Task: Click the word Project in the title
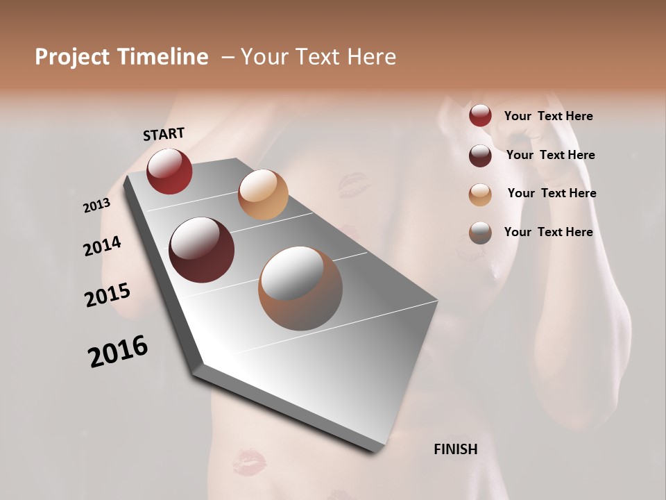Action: [72, 57]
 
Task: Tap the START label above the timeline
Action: [164, 134]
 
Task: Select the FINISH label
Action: [455, 449]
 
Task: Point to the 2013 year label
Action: [96, 206]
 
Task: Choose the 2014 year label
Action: [102, 246]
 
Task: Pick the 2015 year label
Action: [108, 295]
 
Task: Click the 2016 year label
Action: [118, 351]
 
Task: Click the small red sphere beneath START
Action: [169, 171]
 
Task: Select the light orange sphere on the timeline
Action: [263, 194]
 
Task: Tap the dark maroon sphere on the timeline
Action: [202, 250]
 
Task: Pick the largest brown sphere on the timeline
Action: [300, 288]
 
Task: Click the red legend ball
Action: [480, 116]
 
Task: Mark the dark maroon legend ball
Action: [480, 156]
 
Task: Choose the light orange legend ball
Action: [480, 194]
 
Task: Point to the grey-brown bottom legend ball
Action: [480, 233]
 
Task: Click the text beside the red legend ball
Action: [548, 116]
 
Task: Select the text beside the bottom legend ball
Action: [548, 232]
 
